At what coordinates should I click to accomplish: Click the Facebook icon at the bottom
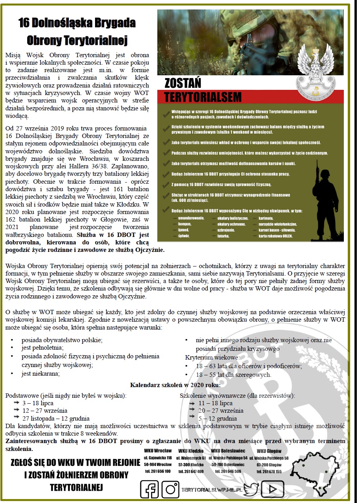pyautogui.click(x=149, y=490)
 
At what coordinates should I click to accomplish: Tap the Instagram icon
pyautogui.click(x=170, y=490)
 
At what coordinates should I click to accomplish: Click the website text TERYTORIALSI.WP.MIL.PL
pyautogui.click(x=212, y=490)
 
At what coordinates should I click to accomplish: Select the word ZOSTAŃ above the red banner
pyautogui.click(x=183, y=83)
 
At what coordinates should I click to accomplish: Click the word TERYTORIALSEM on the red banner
pyautogui.click(x=203, y=97)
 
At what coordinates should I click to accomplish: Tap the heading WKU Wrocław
pyautogui.click(x=158, y=451)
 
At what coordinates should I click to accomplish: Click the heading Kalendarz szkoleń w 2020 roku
pyautogui.click(x=175, y=385)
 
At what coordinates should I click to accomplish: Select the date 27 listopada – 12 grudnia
pyautogui.click(x=56, y=418)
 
